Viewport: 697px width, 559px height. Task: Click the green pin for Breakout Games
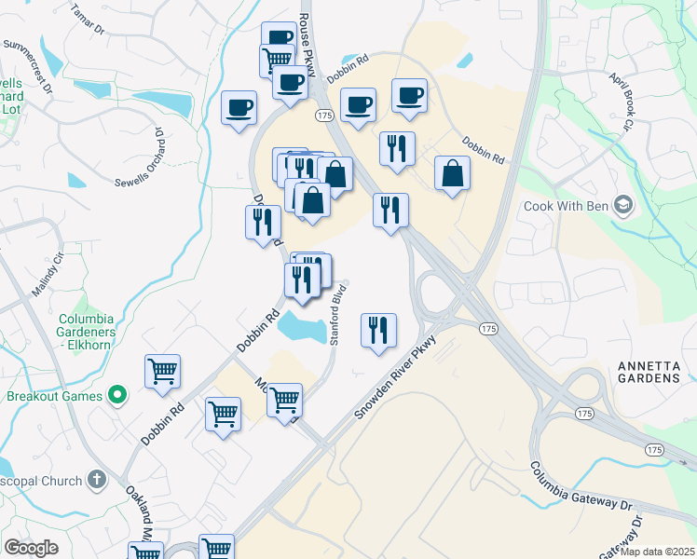(117, 395)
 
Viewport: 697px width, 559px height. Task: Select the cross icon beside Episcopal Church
(95, 479)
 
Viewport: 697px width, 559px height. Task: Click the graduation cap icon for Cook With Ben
(623, 205)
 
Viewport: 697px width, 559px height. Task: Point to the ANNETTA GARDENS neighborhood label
(649, 372)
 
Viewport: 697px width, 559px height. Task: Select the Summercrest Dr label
(29, 62)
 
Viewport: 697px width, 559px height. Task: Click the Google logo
(32, 547)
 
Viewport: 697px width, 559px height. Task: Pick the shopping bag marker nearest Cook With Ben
(452, 173)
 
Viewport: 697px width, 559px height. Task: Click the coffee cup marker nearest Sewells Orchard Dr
(239, 107)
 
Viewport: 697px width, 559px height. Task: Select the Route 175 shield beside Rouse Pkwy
(323, 115)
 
